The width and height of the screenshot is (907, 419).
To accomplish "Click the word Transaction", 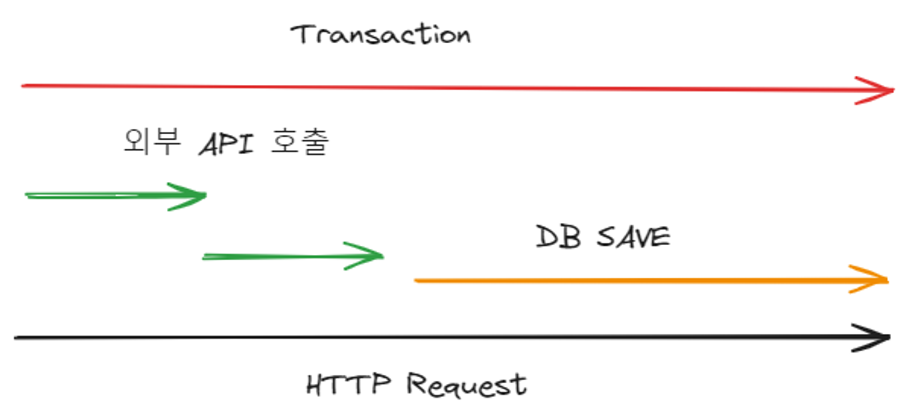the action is pos(380,35).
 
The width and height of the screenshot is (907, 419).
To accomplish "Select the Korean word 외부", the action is pos(152,142).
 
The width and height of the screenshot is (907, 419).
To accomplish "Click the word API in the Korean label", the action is pos(226,144).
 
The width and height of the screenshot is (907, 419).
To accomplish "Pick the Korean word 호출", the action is pos(300,142).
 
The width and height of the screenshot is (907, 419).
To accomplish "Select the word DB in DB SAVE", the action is pos(558,237).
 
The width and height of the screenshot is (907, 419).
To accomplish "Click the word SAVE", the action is pos(633,237).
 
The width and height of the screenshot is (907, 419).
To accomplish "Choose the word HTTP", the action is pos(348,384).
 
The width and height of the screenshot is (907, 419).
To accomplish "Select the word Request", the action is pos(466,385).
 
